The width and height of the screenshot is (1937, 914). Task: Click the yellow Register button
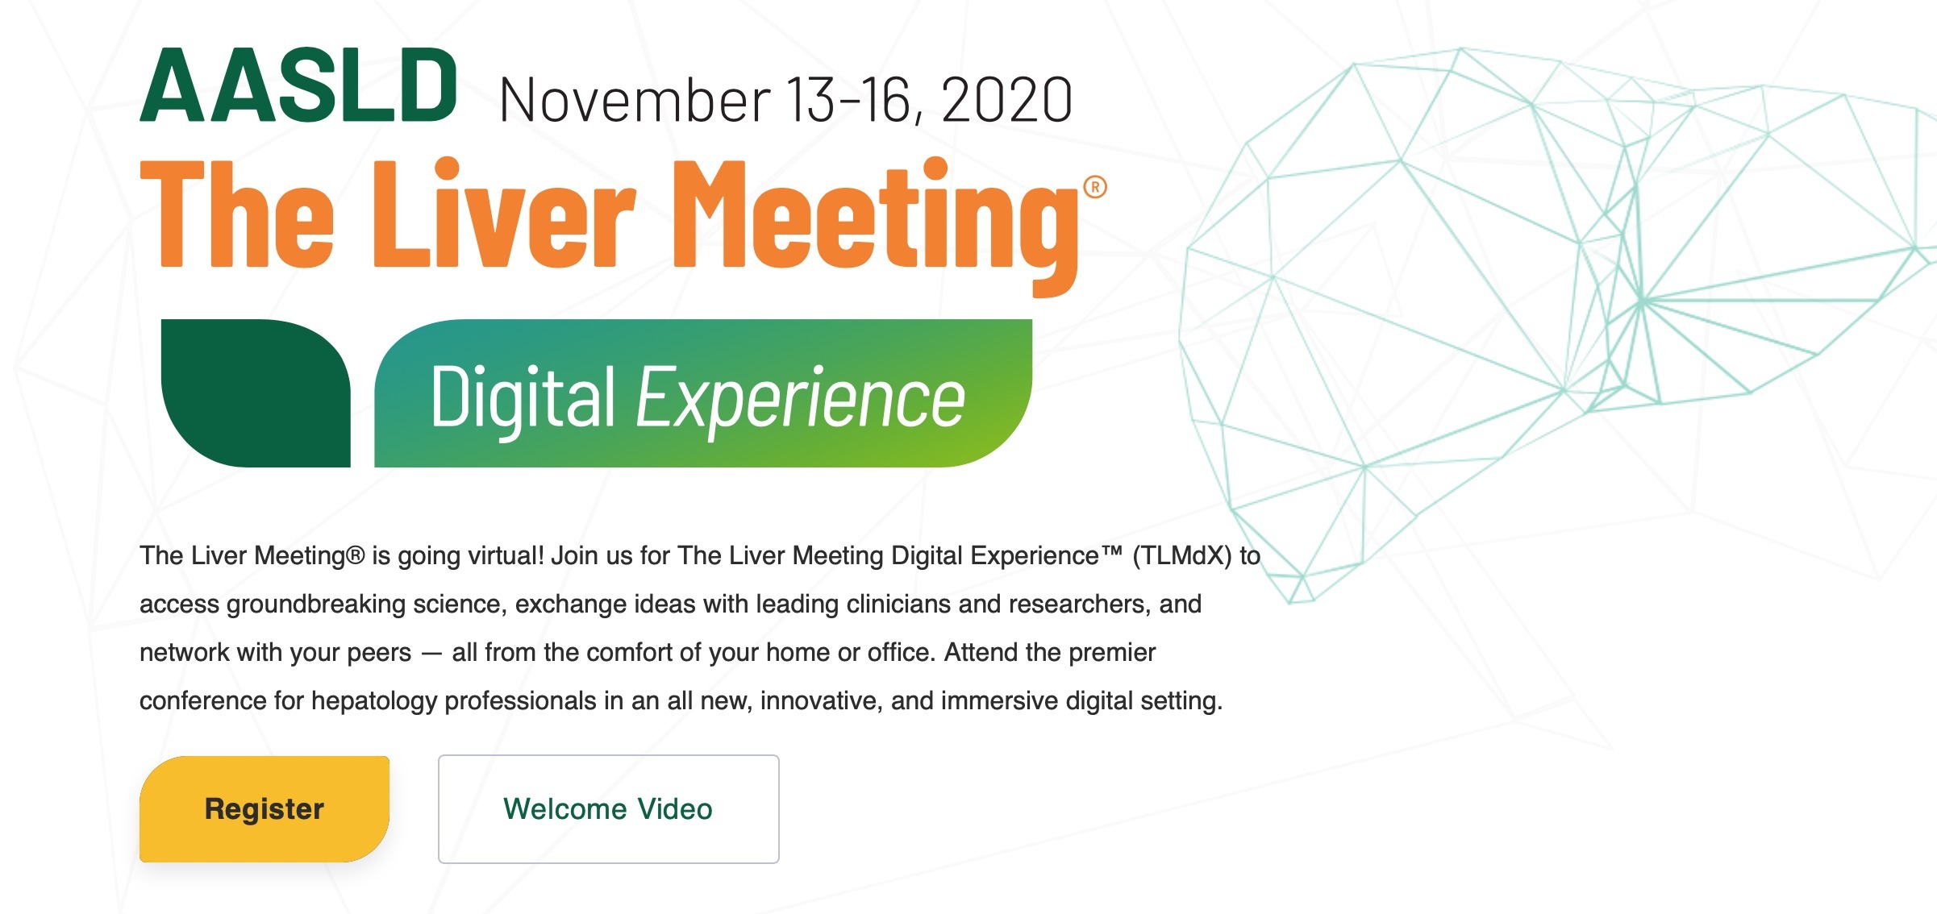[265, 808]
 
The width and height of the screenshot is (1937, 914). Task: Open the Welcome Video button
[608, 808]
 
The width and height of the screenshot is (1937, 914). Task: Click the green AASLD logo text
[299, 85]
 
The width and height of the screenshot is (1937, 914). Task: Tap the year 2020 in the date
[1006, 100]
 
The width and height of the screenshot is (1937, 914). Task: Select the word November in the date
[635, 100]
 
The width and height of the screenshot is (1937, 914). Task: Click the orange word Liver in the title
[505, 213]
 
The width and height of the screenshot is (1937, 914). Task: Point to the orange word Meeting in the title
[876, 226]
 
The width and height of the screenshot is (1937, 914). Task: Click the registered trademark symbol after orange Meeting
[1095, 187]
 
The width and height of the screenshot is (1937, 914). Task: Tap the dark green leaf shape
[256, 393]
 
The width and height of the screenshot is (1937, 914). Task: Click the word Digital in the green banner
[523, 398]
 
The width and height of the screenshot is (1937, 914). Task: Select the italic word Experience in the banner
[800, 398]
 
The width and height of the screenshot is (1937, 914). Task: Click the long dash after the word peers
[432, 653]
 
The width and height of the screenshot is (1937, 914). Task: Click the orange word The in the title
[237, 213]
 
